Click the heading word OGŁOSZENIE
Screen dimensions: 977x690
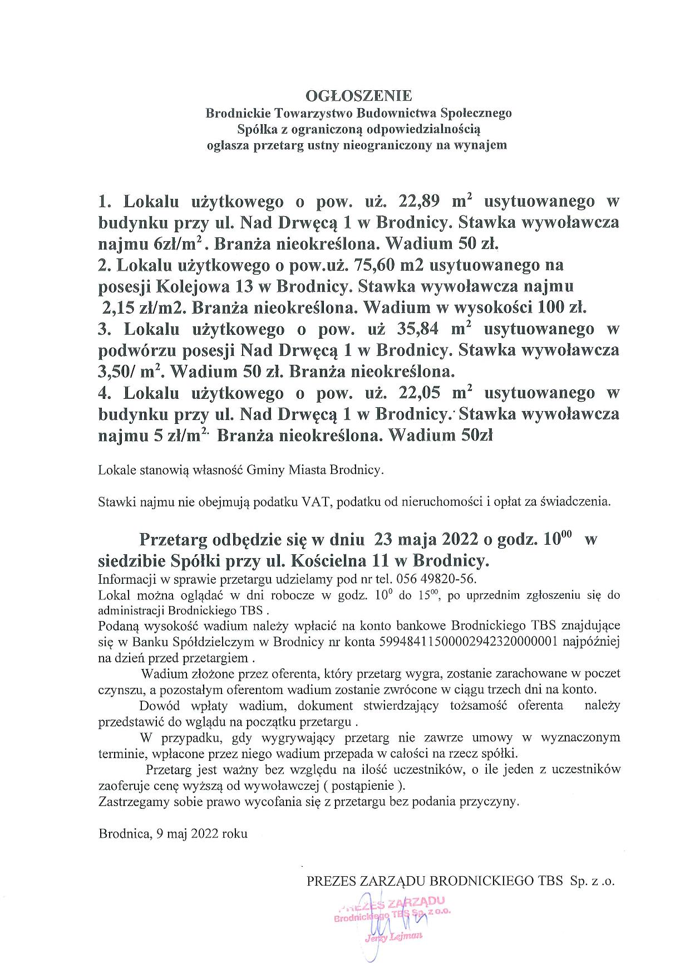pyautogui.click(x=358, y=95)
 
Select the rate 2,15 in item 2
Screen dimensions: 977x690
pyautogui.click(x=118, y=307)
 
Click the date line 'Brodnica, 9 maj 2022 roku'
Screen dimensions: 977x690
pyautogui.click(x=173, y=834)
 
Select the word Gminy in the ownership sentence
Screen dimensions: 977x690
pyautogui.click(x=268, y=470)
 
